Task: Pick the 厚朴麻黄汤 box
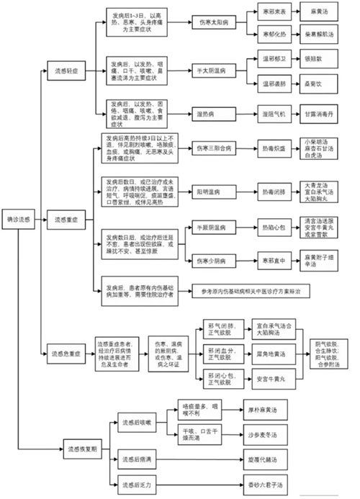pyautogui.click(x=262, y=408)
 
